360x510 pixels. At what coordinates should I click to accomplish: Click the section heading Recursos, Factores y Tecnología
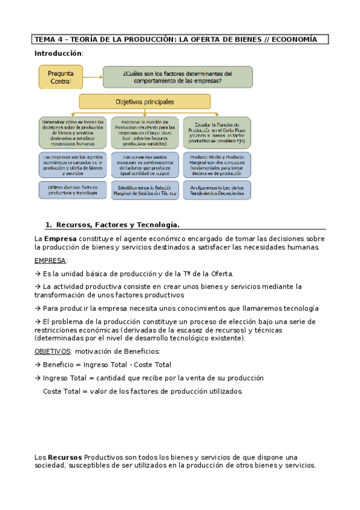(117, 225)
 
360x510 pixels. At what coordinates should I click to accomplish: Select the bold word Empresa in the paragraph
(59, 239)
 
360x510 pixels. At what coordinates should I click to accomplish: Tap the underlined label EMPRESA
(50, 260)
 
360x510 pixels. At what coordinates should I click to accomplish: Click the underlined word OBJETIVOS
(52, 351)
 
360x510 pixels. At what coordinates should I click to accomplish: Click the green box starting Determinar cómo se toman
(73, 132)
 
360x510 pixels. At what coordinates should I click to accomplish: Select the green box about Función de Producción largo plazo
(145, 132)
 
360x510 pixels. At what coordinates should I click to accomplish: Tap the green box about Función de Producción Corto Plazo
(218, 132)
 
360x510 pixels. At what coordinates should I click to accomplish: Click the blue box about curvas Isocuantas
(145, 165)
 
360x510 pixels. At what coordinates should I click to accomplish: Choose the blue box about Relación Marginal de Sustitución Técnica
(145, 190)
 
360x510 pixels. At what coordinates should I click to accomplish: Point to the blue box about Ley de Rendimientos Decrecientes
(218, 190)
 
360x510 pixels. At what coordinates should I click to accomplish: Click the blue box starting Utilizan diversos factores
(73, 190)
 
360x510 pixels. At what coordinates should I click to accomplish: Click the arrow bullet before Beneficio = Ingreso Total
(38, 364)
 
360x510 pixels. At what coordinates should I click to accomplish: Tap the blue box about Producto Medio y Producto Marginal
(218, 165)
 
